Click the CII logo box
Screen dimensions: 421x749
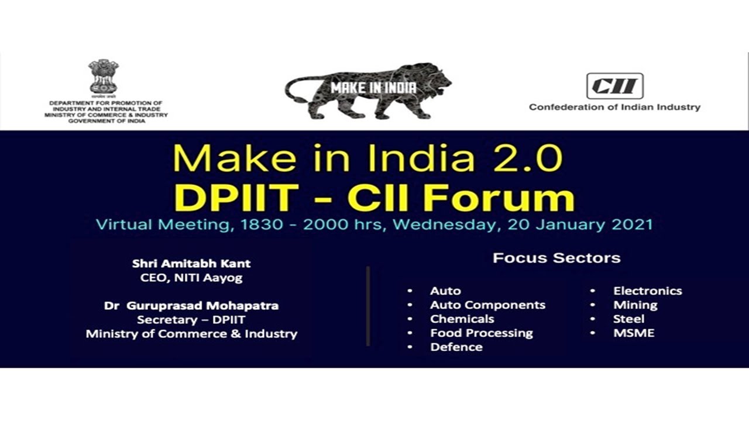coord(614,86)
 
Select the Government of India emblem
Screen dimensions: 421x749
coord(104,76)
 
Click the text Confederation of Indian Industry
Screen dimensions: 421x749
coord(614,107)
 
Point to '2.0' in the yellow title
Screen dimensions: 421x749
coord(527,158)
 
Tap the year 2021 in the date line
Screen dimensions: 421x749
coord(631,225)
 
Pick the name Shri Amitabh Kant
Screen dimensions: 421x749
coord(191,264)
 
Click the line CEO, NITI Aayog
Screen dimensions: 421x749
coord(191,278)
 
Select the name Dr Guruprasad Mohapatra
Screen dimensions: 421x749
coord(191,306)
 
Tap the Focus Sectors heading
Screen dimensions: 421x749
coord(556,258)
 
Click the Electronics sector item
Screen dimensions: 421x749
coord(647,291)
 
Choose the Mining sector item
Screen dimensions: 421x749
coord(635,305)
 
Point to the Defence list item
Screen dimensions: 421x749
coord(456,347)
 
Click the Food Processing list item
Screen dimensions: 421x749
coord(481,333)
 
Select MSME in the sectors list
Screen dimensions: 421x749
coord(634,333)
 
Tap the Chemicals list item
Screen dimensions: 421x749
coord(462,319)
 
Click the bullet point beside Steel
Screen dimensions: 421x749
coord(593,319)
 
